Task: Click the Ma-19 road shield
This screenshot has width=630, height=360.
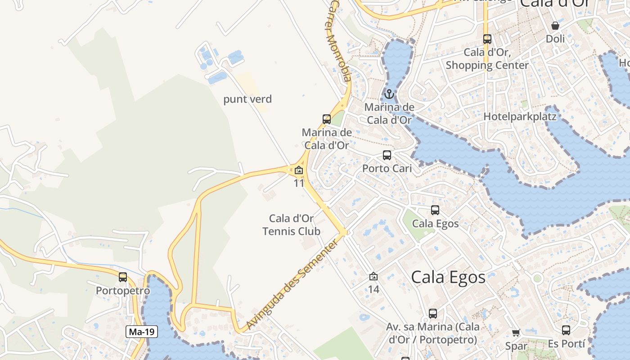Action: [x=142, y=332]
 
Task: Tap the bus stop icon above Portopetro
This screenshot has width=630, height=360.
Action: [x=123, y=277]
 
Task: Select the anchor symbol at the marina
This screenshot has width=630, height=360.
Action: [x=389, y=94]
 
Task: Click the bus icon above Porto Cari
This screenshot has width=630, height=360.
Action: [x=387, y=155]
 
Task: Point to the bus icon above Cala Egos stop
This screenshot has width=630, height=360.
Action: [x=435, y=210]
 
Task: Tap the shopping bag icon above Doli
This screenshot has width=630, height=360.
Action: [x=555, y=26]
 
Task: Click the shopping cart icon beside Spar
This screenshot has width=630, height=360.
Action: [x=516, y=333]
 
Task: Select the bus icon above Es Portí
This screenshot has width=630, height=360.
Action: [x=566, y=330]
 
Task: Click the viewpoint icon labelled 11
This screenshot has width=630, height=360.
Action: [x=299, y=171]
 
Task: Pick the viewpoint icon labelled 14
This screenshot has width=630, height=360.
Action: [x=373, y=276]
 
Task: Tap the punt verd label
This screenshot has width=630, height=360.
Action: [x=247, y=99]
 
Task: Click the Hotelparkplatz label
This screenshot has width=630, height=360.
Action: [x=520, y=117]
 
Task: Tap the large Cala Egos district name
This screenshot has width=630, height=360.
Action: [x=448, y=277]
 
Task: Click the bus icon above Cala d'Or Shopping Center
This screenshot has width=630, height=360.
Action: [x=487, y=39]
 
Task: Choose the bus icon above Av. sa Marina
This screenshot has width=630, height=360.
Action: [x=432, y=313]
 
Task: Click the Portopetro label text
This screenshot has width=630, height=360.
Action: [x=123, y=291]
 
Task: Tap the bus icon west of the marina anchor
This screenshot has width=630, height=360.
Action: [x=327, y=119]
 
